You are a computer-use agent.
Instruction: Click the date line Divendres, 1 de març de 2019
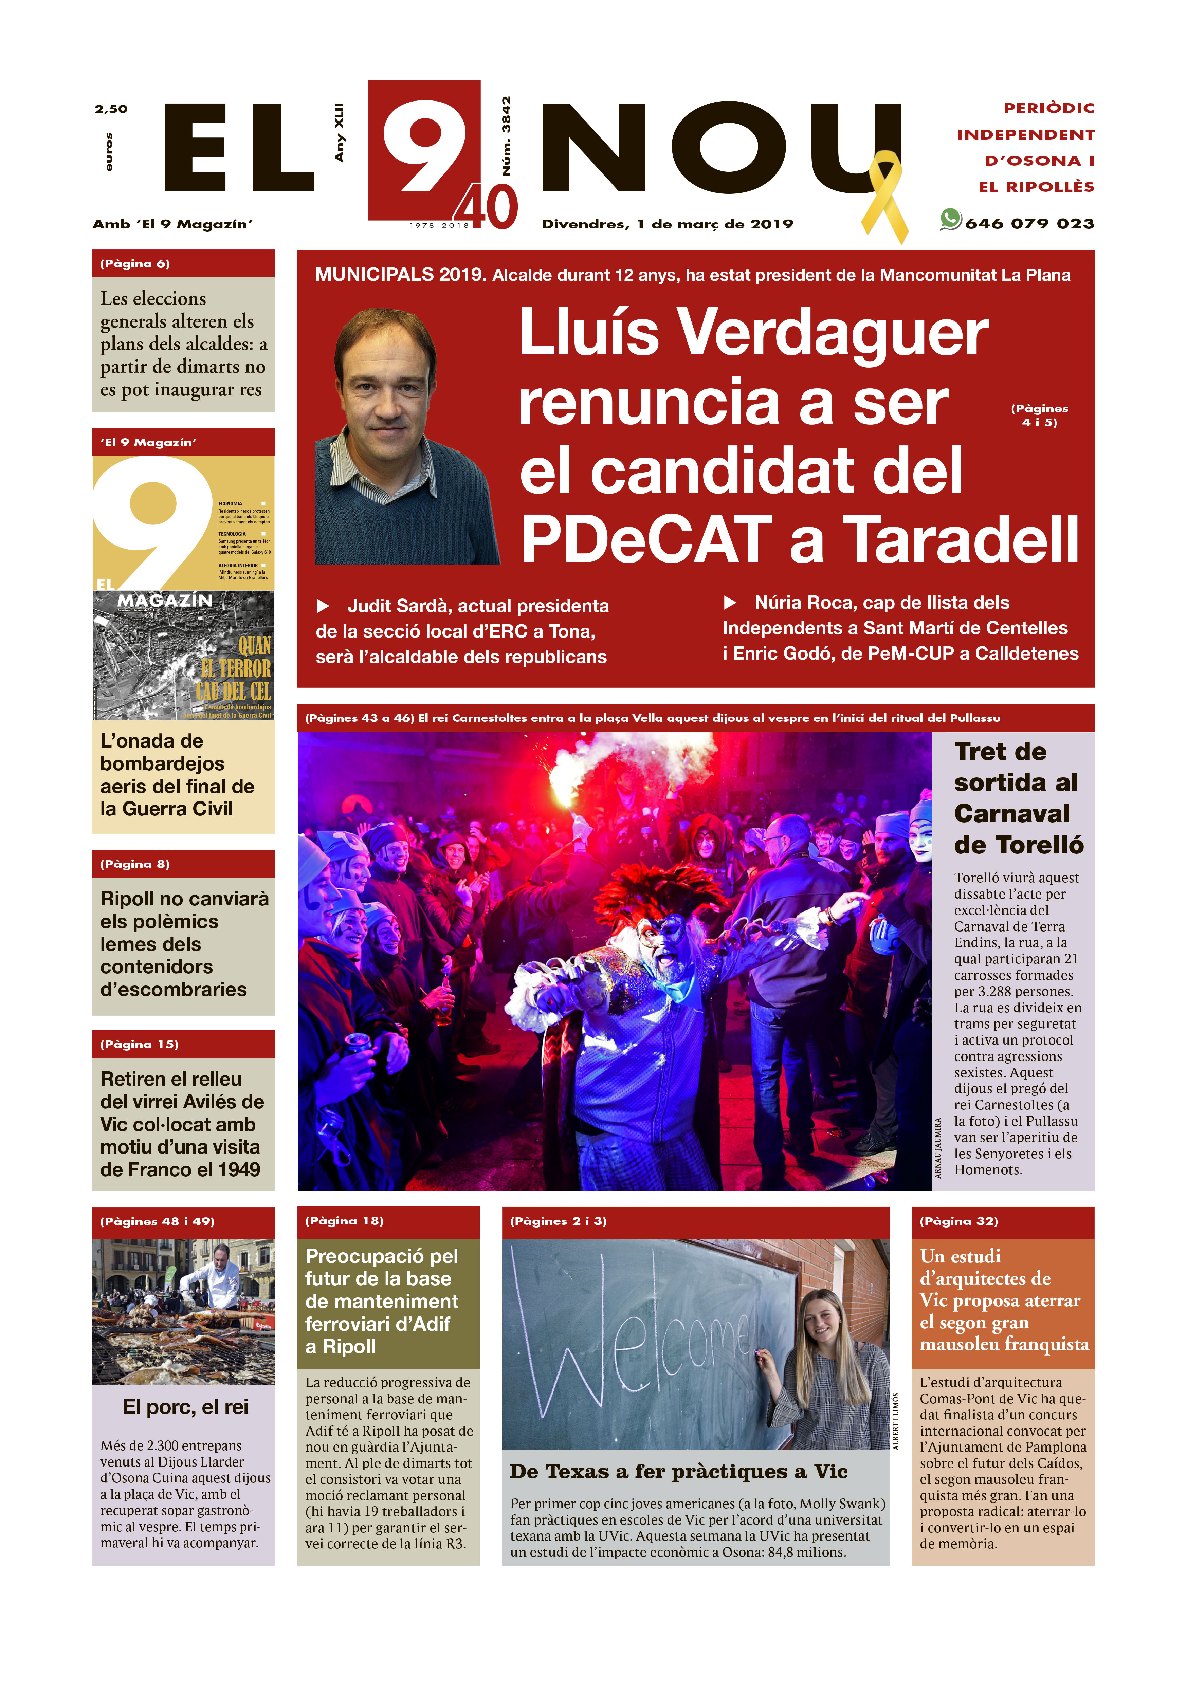[667, 224]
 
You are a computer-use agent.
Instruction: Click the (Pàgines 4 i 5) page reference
[1039, 415]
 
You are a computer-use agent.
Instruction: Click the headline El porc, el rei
[185, 1407]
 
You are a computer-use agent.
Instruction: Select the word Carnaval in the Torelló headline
[1011, 813]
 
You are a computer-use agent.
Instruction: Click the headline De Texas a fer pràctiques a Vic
[678, 1472]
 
